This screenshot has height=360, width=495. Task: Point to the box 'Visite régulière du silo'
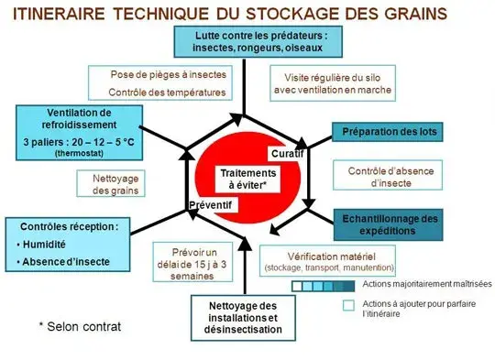(x=333, y=83)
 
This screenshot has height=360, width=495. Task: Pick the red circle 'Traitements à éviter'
(x=247, y=179)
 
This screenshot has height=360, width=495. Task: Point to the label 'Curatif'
(x=287, y=152)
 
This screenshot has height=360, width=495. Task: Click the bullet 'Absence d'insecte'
(x=69, y=263)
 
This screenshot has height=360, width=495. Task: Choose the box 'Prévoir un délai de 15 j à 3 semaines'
(x=198, y=264)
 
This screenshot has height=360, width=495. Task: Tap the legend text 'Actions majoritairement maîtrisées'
(x=427, y=285)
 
